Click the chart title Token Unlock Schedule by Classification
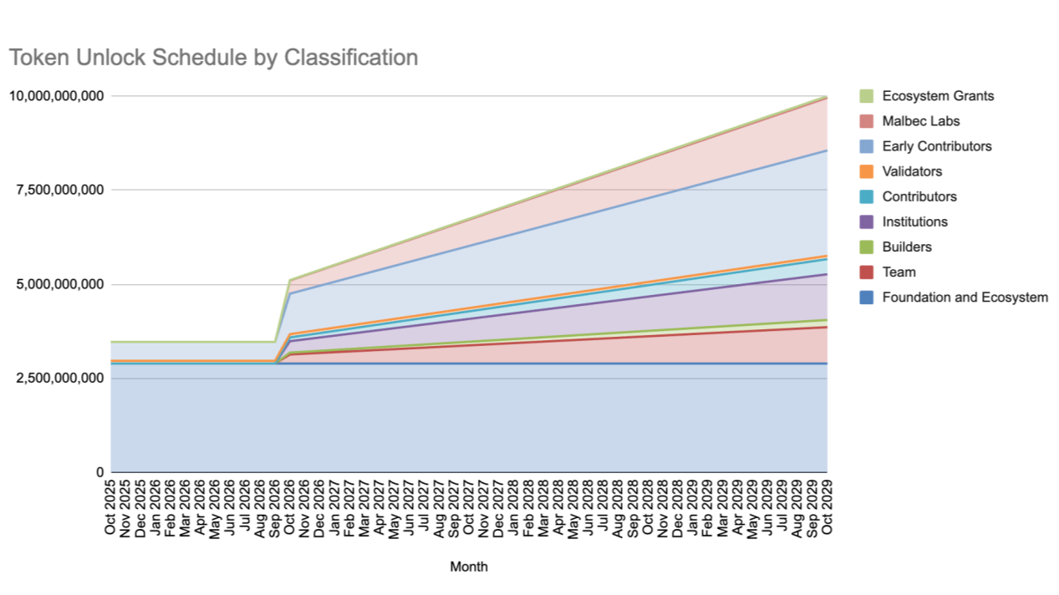coord(213,58)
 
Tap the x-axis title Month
coord(469,567)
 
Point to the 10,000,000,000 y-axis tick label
coord(56,96)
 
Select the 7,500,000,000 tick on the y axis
coord(60,190)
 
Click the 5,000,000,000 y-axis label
coord(60,284)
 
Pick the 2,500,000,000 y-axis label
coord(60,378)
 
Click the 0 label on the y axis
coord(99,471)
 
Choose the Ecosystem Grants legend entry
coord(927,96)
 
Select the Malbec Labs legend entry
coord(909,121)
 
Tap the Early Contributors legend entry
coord(925,146)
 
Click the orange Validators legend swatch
coord(867,171)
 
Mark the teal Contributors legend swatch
coord(867,196)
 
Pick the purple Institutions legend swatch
coord(867,221)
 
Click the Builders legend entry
coord(896,247)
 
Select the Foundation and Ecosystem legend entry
coord(954,297)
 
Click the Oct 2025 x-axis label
coord(110,507)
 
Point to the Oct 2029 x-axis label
coord(827,507)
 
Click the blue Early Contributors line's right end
coord(827,150)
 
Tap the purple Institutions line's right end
coord(827,274)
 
